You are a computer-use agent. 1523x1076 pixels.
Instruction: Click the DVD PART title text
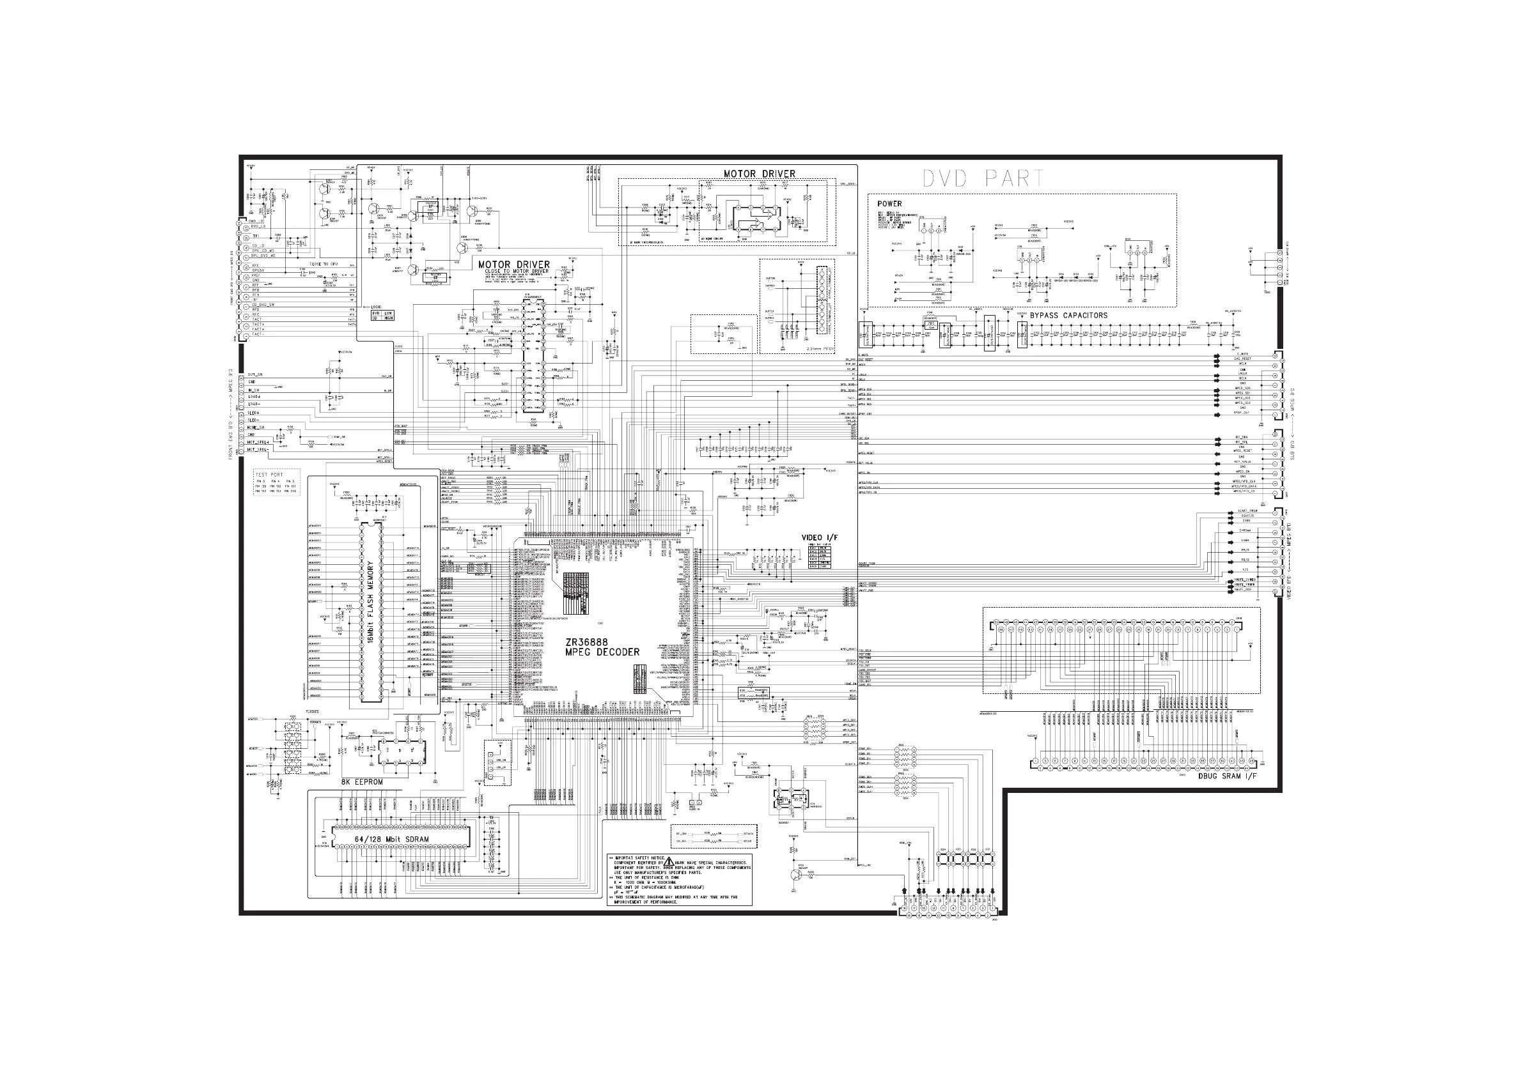984,178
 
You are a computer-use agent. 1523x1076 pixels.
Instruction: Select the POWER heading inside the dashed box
889,204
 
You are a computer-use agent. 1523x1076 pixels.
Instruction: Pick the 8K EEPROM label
361,782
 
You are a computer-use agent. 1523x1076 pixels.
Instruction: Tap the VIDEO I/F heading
819,537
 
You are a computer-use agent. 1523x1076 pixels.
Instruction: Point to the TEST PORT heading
269,475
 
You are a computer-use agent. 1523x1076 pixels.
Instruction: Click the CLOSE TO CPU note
324,264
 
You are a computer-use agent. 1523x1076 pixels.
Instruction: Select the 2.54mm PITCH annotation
820,349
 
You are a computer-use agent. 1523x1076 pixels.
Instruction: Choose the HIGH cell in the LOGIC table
389,318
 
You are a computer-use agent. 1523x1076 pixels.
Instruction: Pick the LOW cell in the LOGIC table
389,313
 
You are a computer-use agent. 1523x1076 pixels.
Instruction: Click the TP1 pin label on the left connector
255,236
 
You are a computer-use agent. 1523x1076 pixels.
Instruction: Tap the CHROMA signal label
1245,530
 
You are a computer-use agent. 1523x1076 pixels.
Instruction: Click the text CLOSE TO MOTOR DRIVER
517,271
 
